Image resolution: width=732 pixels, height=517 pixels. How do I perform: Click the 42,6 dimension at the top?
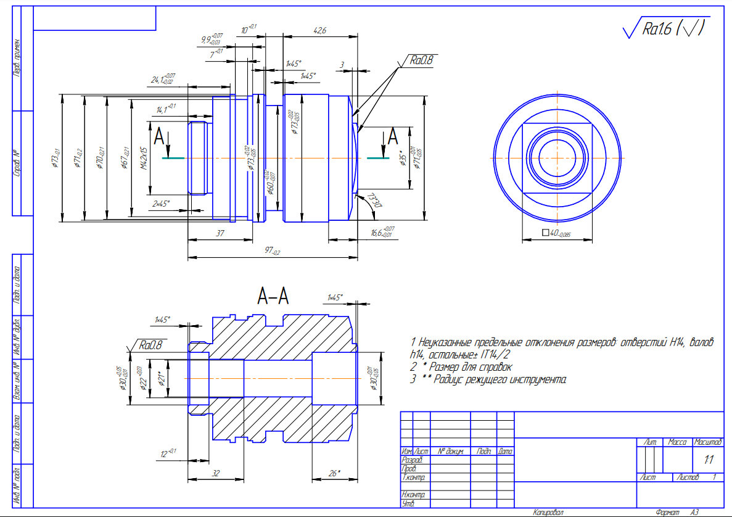point(319,30)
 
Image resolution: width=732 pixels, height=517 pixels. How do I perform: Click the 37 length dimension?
point(220,234)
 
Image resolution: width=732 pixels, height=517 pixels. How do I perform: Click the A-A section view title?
point(273,297)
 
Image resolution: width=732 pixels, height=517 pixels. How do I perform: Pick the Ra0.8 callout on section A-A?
point(150,345)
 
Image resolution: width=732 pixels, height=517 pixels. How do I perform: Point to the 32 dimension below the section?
point(216,473)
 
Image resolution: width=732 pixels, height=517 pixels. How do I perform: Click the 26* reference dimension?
point(334,473)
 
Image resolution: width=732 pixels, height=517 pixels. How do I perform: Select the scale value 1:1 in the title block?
point(709,459)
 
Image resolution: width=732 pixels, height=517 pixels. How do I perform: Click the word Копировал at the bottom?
point(548,512)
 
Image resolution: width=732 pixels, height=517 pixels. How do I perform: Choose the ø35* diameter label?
point(402,159)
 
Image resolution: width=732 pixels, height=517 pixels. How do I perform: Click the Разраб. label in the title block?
point(411,460)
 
